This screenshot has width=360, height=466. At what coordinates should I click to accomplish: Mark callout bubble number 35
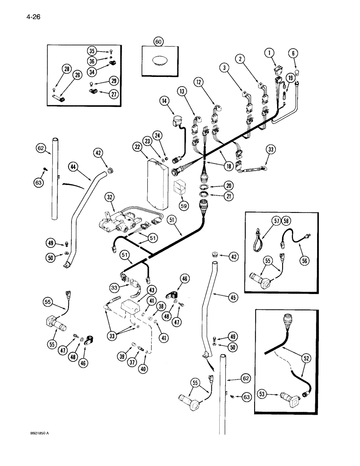coord(91,51)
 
